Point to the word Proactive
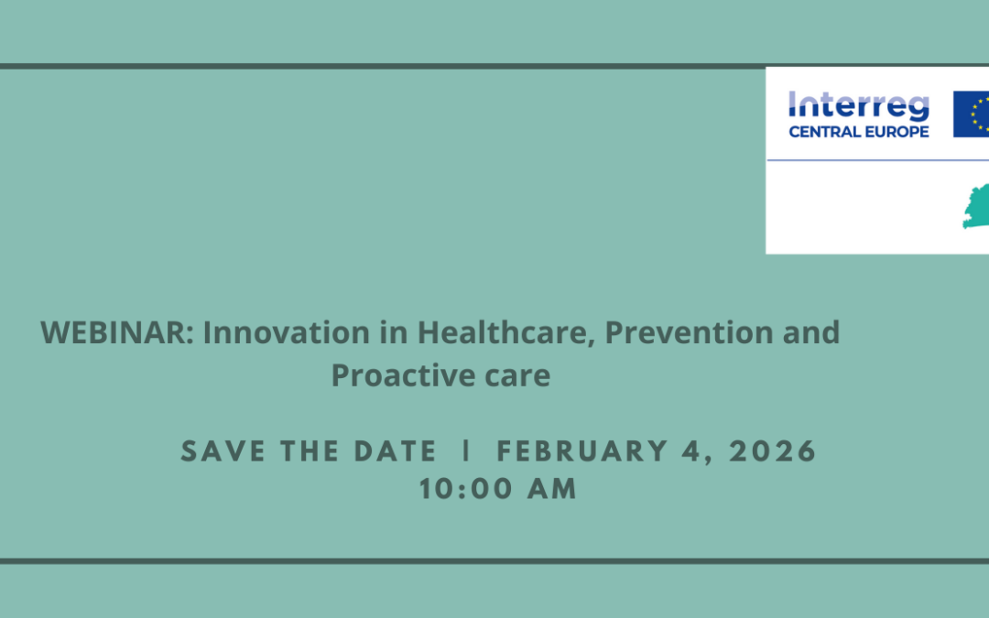point(399,375)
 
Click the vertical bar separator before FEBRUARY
point(468,451)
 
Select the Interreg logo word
point(858,106)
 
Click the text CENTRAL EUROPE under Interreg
point(858,131)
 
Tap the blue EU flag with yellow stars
point(972,114)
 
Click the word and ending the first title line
point(810,332)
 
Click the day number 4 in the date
point(705,451)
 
